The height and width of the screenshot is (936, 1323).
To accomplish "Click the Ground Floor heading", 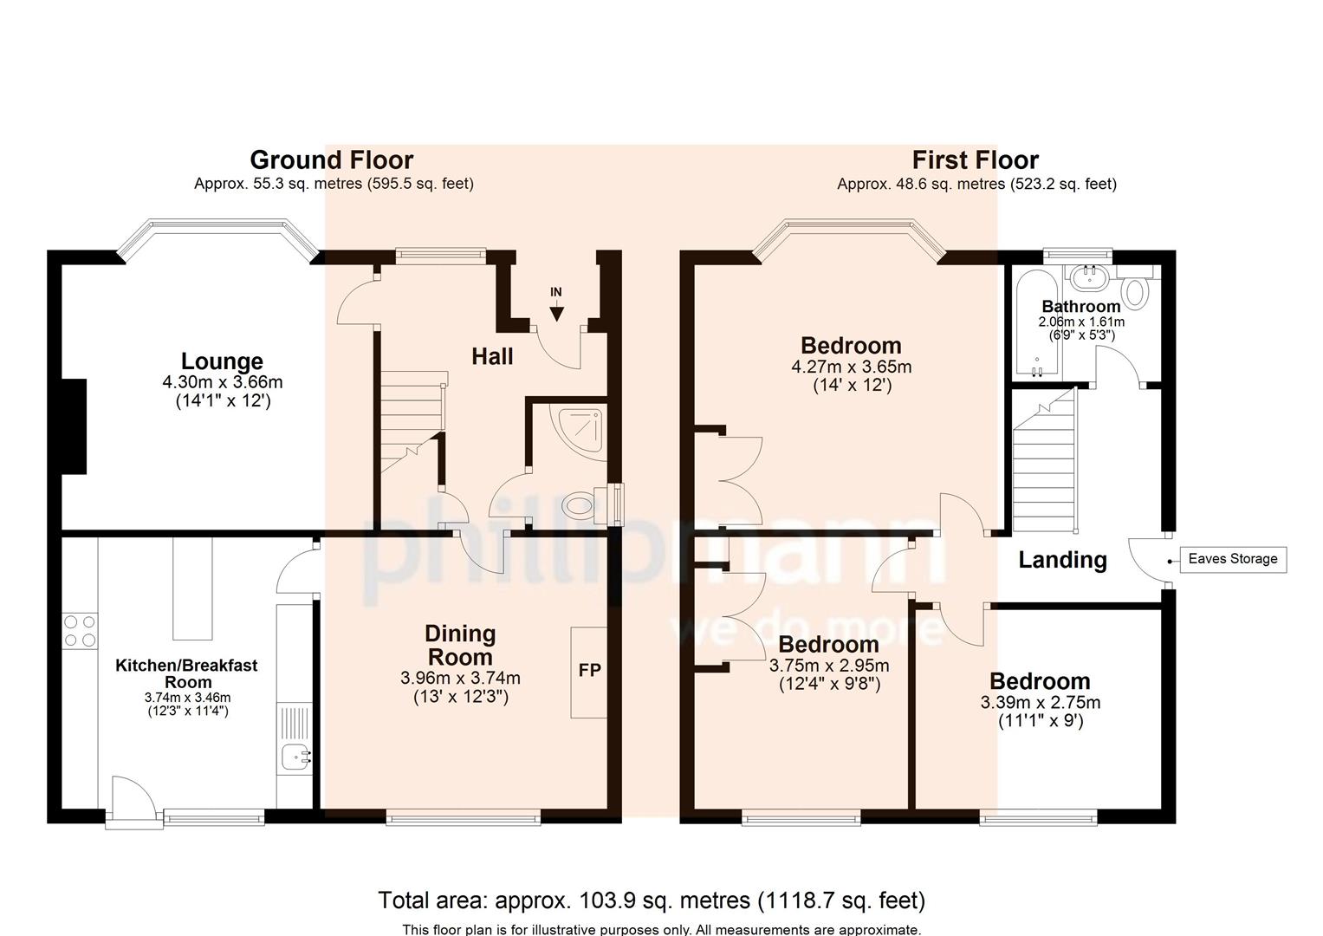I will (x=331, y=160).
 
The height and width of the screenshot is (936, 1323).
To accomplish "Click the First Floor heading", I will (x=975, y=160).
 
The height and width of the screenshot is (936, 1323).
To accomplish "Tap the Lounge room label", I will (x=222, y=361).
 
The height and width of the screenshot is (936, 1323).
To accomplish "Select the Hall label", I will (x=492, y=356).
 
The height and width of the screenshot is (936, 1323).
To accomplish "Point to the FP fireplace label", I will (x=589, y=671).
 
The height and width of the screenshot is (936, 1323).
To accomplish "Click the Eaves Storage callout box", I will (x=1232, y=559).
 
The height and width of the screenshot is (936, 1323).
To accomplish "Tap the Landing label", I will (x=1062, y=560).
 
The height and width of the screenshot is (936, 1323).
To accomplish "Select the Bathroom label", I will (x=1080, y=306).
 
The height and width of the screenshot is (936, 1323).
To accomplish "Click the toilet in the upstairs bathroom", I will (x=1136, y=292).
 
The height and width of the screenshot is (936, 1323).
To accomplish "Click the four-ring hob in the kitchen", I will (x=80, y=630).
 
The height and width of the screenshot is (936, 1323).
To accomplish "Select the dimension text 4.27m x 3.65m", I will (x=851, y=367).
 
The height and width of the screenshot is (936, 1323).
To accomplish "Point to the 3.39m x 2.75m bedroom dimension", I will (x=1040, y=702).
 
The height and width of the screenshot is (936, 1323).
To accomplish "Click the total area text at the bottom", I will (x=651, y=900).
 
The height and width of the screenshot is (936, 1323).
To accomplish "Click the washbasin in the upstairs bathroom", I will (x=1084, y=276).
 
